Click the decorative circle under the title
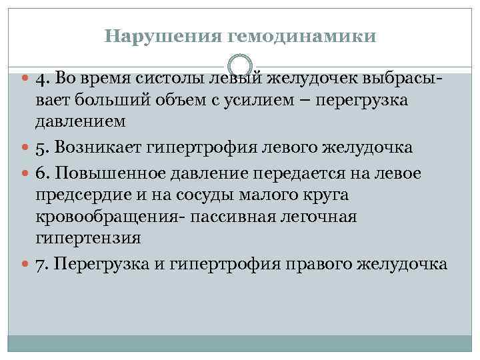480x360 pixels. (240, 65)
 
